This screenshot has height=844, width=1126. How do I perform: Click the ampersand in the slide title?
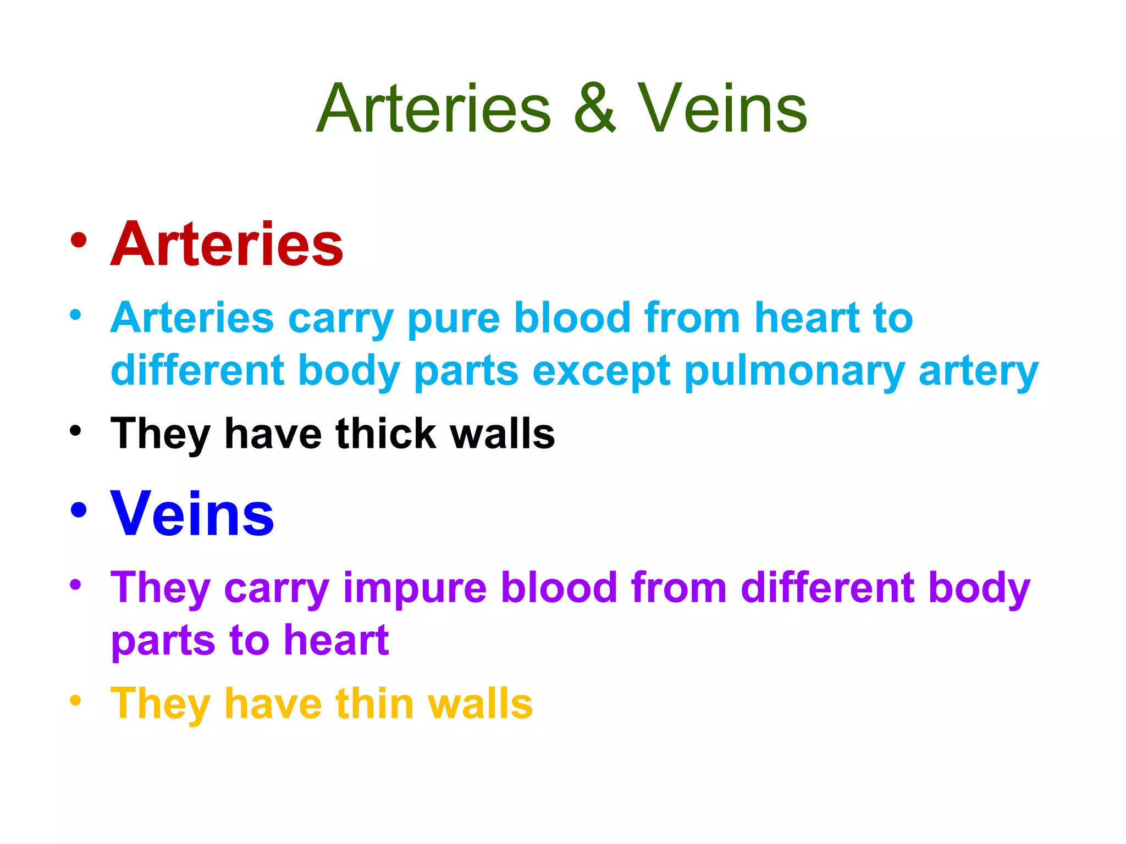(595, 108)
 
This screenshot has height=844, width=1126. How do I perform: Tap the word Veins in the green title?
(722, 108)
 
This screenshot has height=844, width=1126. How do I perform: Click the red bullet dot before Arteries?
(79, 240)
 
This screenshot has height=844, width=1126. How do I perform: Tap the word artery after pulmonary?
(979, 371)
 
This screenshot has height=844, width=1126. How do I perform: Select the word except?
(601, 371)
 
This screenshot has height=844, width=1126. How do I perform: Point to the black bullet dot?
(76, 430)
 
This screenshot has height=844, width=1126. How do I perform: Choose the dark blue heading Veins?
(192, 514)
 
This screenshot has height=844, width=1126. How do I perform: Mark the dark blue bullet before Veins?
(79, 510)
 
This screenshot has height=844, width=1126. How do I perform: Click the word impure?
(415, 588)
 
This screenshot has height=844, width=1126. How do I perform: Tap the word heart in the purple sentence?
(336, 640)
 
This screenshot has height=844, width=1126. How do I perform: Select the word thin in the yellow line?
(375, 703)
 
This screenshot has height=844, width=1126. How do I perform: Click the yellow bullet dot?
(76, 701)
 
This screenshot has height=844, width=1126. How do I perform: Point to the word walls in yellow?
(481, 703)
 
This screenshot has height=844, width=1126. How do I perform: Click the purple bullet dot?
(76, 584)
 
